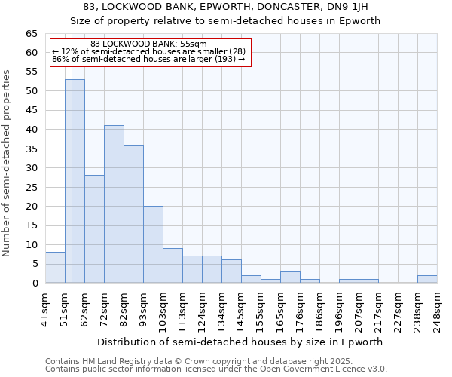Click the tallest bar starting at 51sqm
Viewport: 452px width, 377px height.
(x=75, y=181)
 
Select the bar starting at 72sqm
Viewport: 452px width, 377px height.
(x=114, y=204)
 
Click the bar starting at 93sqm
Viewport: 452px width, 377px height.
(x=153, y=244)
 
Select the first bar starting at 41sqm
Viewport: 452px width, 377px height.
(x=55, y=268)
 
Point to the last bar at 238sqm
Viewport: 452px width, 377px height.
(x=427, y=279)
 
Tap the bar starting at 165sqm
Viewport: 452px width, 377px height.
(x=290, y=277)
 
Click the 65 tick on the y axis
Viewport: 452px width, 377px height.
(x=31, y=34)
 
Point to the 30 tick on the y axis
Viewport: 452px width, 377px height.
(x=31, y=168)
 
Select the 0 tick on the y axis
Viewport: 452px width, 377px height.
(x=34, y=283)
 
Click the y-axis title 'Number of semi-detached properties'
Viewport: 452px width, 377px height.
(x=7, y=163)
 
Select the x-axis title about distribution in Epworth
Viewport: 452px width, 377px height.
(x=241, y=342)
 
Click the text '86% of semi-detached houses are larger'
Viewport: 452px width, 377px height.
(x=148, y=59)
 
